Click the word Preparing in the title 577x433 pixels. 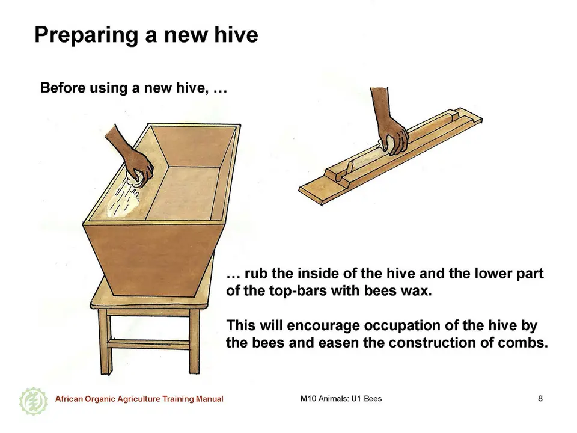87,35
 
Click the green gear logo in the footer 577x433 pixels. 33,401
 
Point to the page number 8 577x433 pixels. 540,398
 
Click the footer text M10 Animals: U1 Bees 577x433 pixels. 341,398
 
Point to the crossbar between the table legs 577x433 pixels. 148,344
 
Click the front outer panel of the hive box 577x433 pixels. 153,260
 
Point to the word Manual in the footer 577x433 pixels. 209,399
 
